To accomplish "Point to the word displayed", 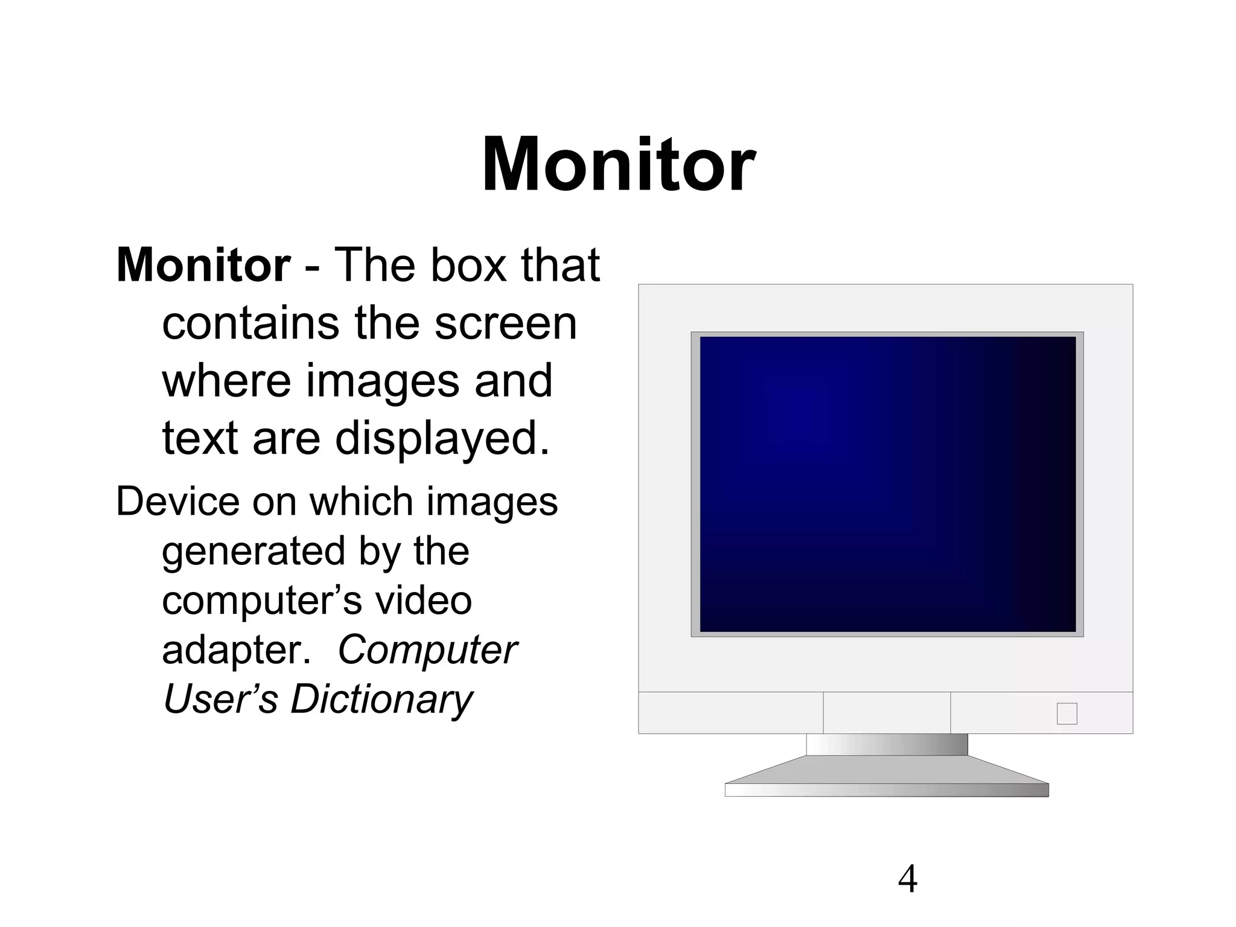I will point(442,439).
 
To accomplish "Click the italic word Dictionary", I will point(381,699).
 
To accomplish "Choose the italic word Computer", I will point(427,650).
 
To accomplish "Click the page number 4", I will point(907,879).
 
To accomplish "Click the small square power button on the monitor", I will point(1066,713).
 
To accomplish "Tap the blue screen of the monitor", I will point(887,483).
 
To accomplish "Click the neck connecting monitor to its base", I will point(887,744).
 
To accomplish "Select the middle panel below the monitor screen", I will point(887,713).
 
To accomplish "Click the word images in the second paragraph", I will point(492,502).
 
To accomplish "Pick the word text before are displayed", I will point(200,439).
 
